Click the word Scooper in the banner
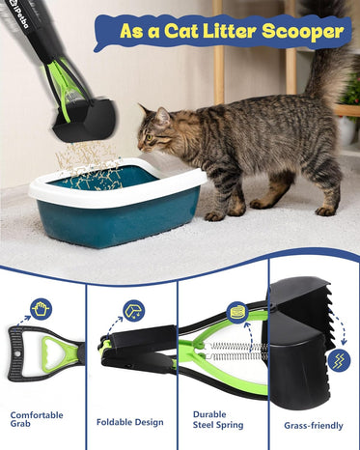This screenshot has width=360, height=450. tap(303, 32)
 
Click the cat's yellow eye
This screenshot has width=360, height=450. tap(149, 137)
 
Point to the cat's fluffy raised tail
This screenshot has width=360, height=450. tap(325, 51)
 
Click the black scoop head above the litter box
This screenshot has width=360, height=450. tap(85, 120)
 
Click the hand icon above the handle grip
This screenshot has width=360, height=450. tap(42, 309)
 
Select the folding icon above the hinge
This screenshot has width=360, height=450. tap(134, 311)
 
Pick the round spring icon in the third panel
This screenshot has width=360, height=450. tap(236, 312)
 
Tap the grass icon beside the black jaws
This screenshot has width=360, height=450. tap(339, 360)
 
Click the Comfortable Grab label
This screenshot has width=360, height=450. tap(37, 419)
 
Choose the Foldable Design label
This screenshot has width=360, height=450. tap(130, 422)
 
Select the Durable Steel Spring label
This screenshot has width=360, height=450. tap(218, 420)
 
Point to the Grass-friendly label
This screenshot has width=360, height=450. tap(314, 426)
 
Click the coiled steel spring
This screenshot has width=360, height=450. tap(236, 352)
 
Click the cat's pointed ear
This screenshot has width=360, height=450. tap(162, 116)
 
